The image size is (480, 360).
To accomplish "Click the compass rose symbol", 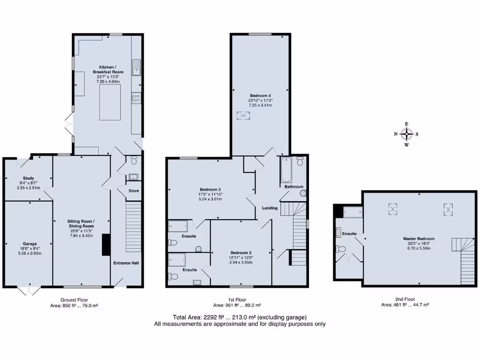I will coord(406,134).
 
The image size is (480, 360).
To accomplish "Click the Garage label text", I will coord(30,244).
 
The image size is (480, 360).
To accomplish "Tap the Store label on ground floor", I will coord(134,191).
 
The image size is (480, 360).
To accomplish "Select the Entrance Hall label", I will coord(126,263).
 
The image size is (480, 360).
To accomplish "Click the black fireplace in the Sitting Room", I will coord(106,245).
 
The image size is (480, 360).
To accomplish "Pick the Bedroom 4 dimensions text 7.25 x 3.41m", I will coord(260,105).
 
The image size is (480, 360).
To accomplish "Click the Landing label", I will coord(270,208).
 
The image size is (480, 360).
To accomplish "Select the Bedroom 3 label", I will coord(241,252).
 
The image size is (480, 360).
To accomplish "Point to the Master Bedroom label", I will coord(419,239).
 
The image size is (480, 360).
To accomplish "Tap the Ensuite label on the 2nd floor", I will coord(349,233).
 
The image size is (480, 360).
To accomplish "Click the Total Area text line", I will coord(240,317).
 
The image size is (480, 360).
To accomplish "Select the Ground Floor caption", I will coord(74,300).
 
